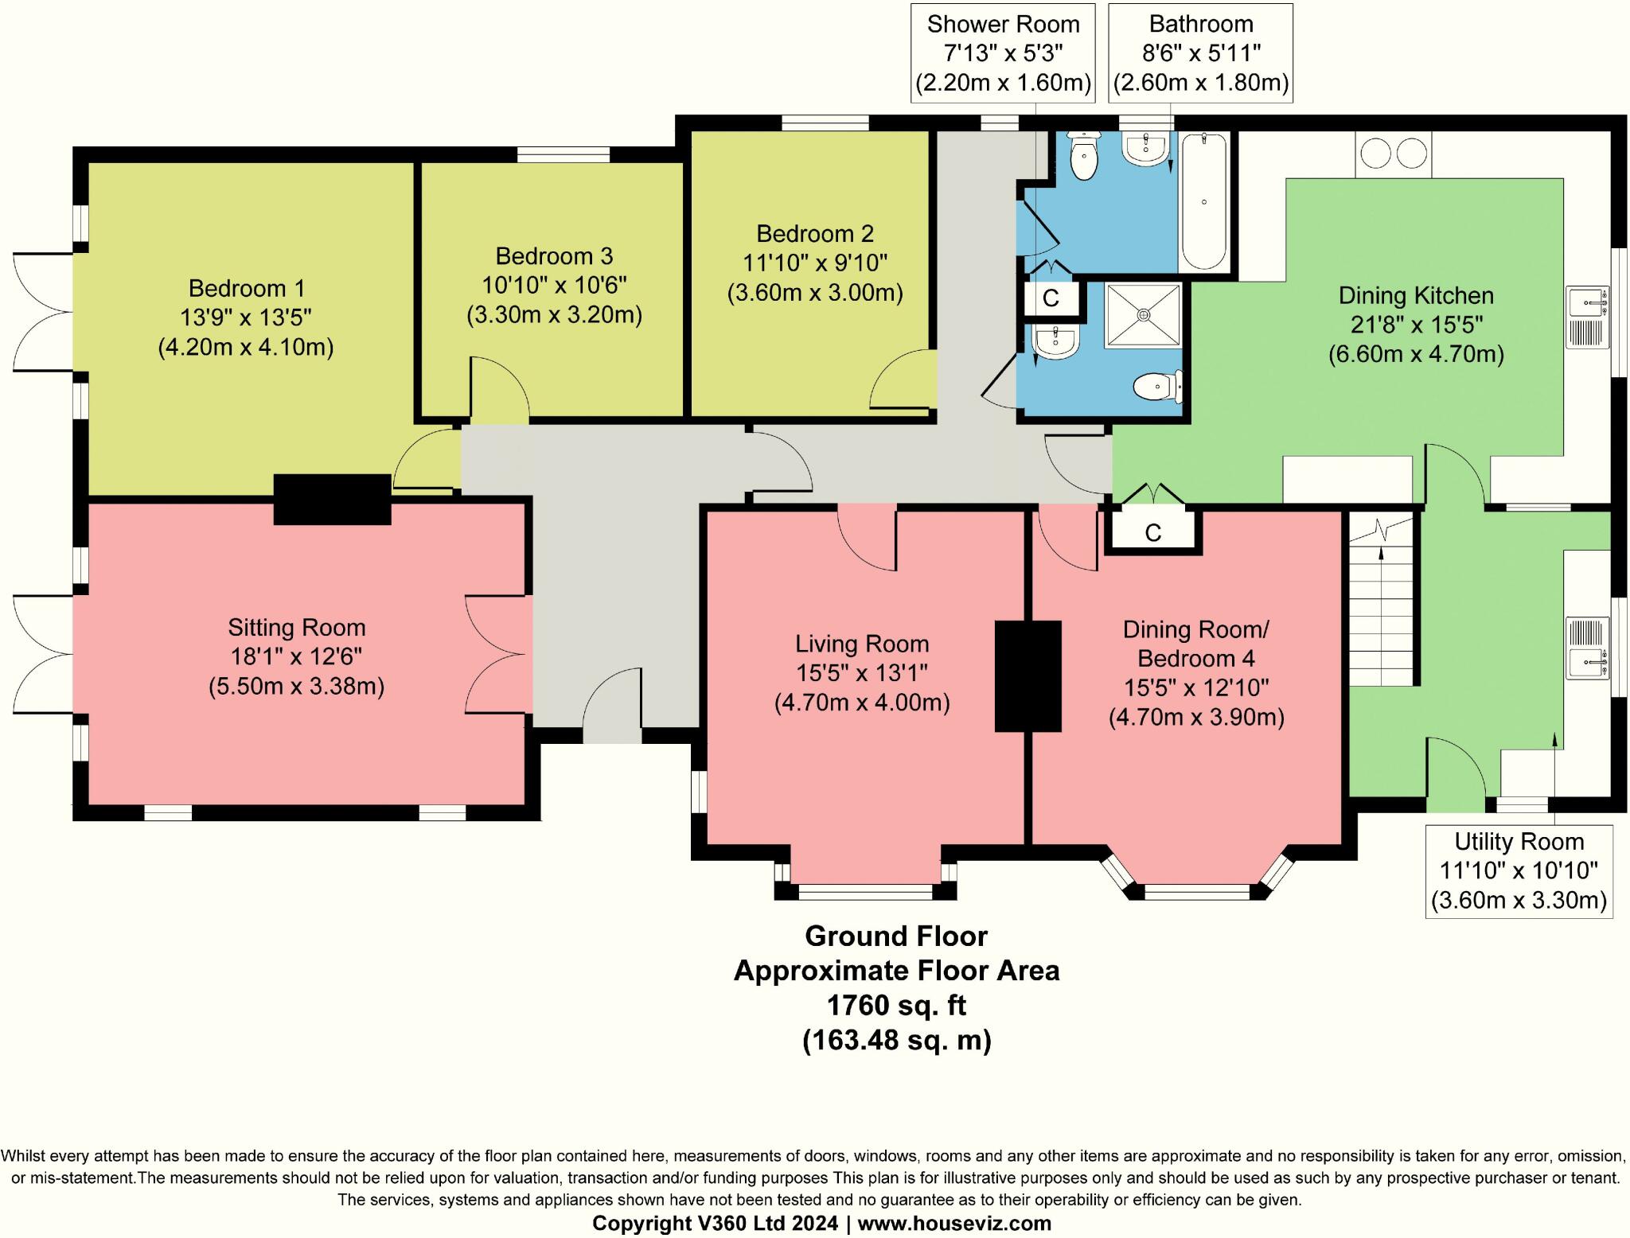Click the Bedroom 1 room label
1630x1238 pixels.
[245, 288]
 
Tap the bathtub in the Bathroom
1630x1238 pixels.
[1203, 202]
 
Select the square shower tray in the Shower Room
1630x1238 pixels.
[1144, 315]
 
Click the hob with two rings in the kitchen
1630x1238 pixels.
[1393, 154]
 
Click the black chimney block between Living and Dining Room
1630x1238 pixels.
[1028, 676]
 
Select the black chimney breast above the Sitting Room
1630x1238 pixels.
[332, 500]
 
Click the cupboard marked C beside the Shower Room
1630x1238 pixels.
[1051, 298]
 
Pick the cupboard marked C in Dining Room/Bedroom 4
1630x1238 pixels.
[1152, 532]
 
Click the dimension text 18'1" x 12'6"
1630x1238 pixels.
[296, 657]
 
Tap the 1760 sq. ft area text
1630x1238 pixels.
[896, 1006]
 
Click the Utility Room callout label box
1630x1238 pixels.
[1519, 871]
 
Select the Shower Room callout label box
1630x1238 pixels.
[1003, 53]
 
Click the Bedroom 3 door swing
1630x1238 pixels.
[500, 388]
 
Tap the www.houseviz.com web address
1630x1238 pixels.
[954, 1223]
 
